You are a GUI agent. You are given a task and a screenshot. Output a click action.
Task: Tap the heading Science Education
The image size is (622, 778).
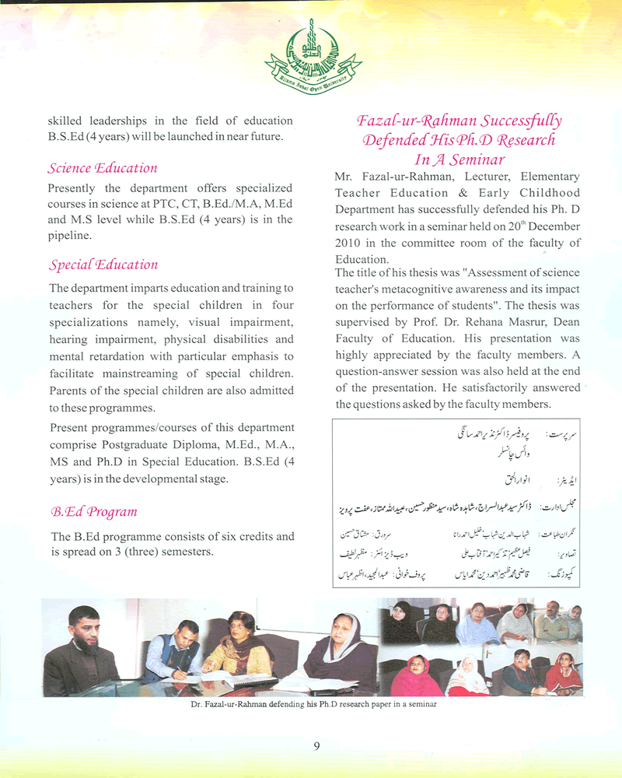pos(102,168)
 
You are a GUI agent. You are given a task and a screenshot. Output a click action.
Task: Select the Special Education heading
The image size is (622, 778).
pos(103,265)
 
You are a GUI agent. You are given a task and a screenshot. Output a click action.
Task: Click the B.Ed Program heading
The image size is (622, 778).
pos(93,512)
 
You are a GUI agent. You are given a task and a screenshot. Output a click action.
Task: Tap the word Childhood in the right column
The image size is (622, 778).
pos(549,193)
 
